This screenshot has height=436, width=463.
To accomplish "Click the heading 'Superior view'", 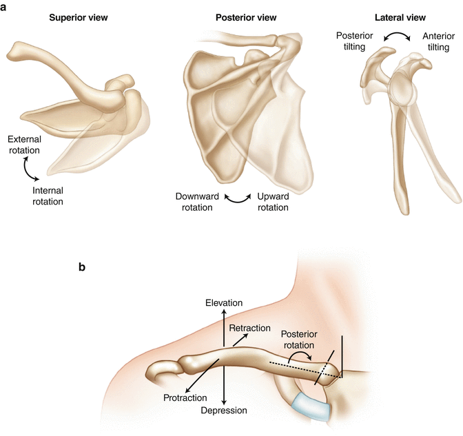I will tap(78, 17).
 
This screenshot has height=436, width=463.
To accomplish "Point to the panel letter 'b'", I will tap(82, 267).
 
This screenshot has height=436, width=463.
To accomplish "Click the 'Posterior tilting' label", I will tap(356, 40).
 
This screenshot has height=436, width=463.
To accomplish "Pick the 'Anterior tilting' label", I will tap(432, 40).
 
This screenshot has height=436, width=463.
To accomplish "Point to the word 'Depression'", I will tap(224, 411).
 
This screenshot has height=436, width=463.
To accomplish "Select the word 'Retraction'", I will tap(249, 328).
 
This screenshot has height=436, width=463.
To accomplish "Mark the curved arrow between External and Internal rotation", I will tap(27, 167).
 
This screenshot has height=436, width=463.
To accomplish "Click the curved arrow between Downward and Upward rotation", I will tap(238, 198).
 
